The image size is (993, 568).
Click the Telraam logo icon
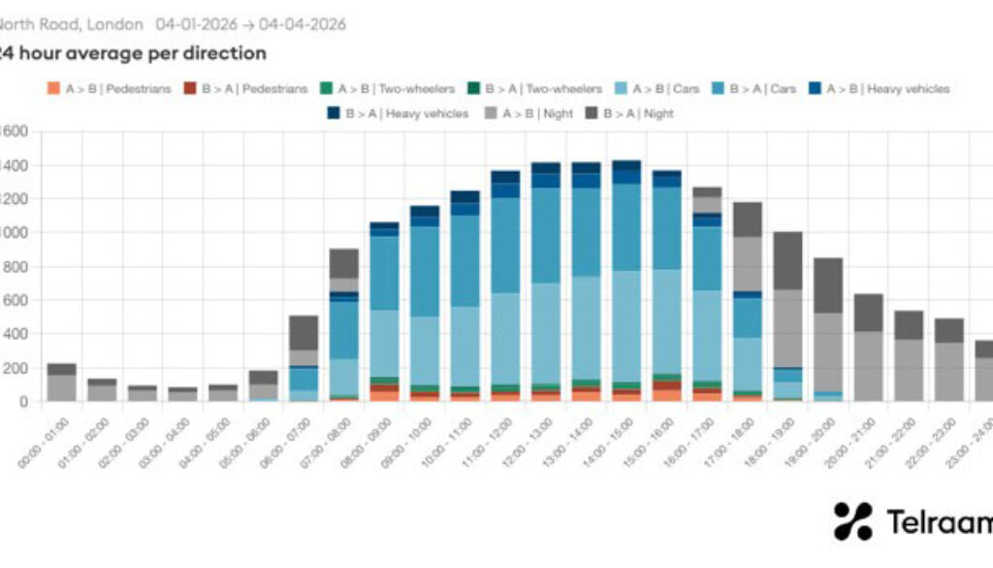pos(852,521)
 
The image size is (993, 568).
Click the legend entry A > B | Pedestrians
pos(108,88)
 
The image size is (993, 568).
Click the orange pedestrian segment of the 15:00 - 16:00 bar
pos(666,395)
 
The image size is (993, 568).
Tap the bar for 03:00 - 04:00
pos(182,394)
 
